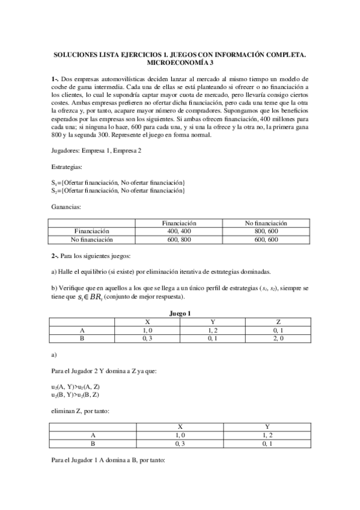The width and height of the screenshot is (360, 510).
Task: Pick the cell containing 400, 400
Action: click(180, 230)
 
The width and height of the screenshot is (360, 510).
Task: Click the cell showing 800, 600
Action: click(266, 230)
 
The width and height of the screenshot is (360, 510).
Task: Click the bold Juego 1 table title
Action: click(180, 313)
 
